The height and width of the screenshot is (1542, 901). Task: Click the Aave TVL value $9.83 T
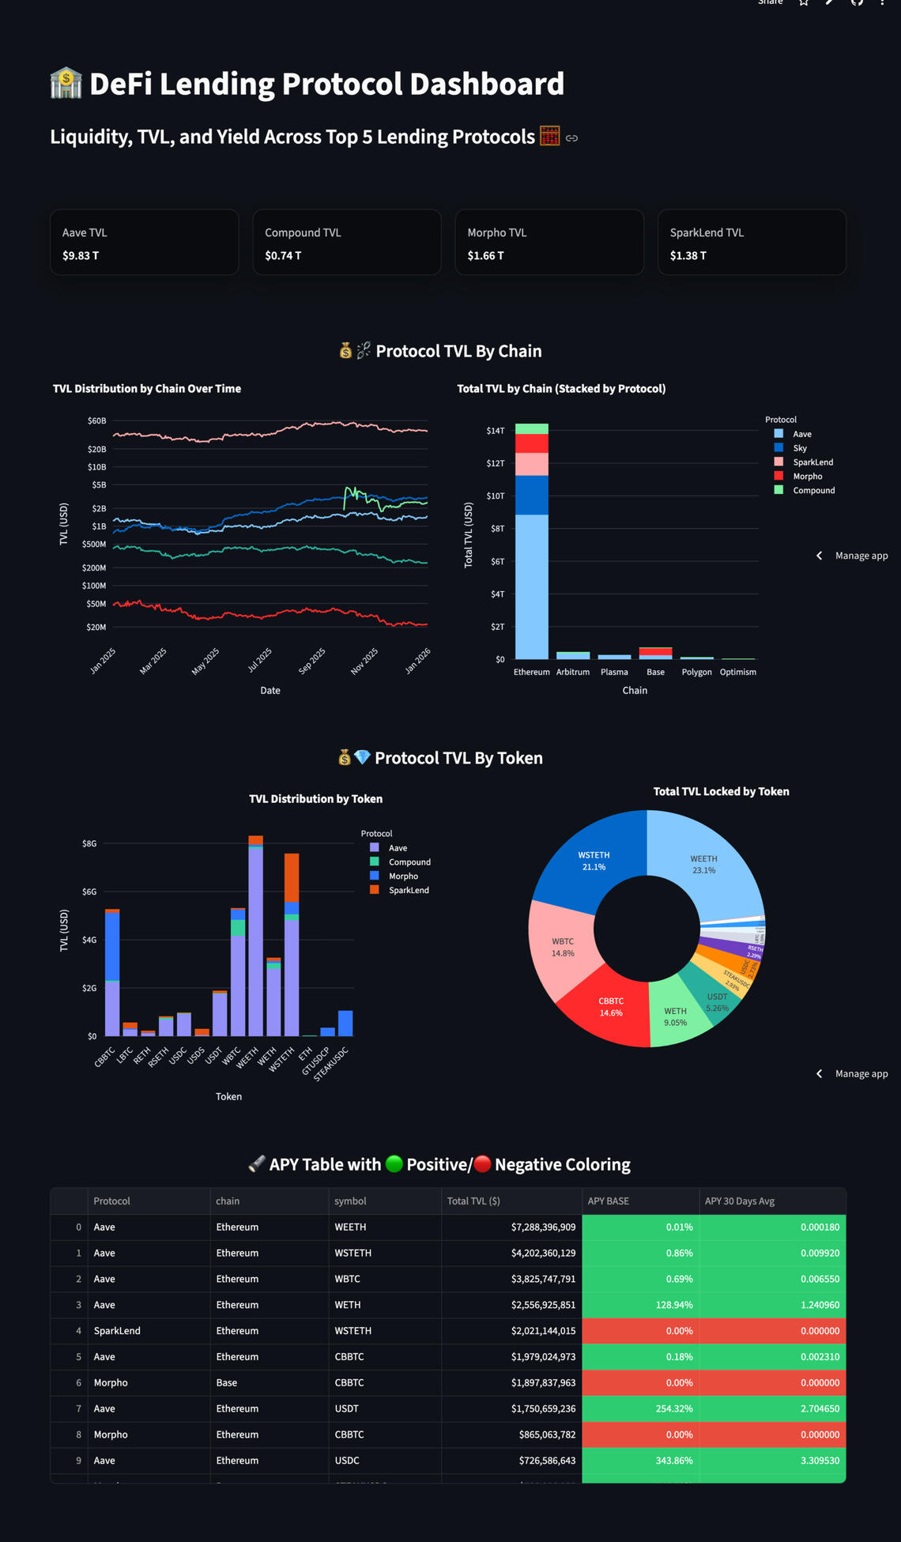(81, 256)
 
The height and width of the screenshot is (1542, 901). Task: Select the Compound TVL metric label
(303, 233)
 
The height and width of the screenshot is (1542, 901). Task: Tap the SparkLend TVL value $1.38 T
(688, 256)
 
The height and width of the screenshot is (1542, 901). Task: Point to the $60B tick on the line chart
(96, 421)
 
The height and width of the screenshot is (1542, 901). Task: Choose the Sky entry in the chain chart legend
(800, 448)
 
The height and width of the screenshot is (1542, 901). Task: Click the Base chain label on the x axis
(655, 673)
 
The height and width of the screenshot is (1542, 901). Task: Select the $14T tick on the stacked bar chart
(496, 431)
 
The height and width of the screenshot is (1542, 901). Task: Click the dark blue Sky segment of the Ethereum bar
(531, 496)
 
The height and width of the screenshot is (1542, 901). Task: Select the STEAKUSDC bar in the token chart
(345, 1024)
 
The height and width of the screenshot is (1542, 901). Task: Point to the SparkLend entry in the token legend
(408, 891)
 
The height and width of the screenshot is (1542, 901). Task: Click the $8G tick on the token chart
(89, 844)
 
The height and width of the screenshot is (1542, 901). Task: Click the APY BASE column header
(608, 1201)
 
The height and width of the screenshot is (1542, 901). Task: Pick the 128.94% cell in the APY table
(673, 1305)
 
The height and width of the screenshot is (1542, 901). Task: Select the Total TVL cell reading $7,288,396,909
(543, 1227)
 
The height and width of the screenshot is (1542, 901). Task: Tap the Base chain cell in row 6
(227, 1383)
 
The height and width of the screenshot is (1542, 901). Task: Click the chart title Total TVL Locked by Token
(721, 792)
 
